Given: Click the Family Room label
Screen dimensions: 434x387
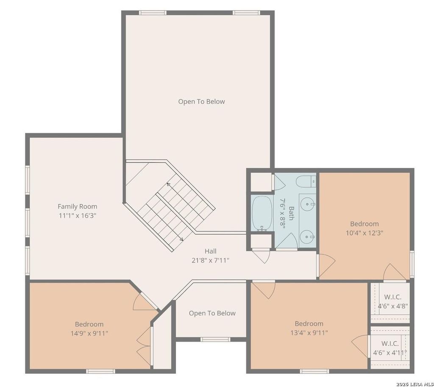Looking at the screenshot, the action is (x=77, y=206).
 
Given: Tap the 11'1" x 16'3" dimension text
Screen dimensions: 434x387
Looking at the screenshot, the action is (x=77, y=216).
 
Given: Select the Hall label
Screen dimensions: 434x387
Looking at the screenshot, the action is (x=210, y=251).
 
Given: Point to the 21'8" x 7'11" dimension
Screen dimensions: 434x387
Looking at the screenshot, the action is (x=210, y=261).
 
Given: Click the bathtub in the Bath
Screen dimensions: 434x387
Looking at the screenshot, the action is (x=262, y=214).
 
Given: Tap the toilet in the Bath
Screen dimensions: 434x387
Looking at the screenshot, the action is (x=306, y=181).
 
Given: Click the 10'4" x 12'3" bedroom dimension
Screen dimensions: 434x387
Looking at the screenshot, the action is (x=364, y=233).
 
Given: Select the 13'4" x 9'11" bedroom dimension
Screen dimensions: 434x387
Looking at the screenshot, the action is (x=309, y=333).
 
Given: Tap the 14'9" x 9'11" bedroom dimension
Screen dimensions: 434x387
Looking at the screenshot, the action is (x=89, y=333).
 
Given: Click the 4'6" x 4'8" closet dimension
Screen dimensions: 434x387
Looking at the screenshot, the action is (x=392, y=306).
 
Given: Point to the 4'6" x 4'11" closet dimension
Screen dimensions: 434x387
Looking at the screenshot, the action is (x=390, y=353).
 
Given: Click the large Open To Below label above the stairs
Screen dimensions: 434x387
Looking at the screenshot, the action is (x=201, y=102).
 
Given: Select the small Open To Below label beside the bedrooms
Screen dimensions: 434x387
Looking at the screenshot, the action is (x=212, y=313).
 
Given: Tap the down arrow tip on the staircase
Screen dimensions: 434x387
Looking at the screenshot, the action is (x=182, y=240).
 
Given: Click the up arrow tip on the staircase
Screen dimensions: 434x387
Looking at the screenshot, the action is (x=167, y=184).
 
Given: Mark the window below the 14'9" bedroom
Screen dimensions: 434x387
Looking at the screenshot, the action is (x=100, y=371).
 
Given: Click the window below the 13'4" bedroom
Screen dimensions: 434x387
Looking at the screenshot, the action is (x=315, y=371).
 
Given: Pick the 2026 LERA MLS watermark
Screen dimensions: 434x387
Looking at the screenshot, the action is (x=415, y=384).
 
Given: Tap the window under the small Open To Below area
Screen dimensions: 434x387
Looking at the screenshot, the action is (x=215, y=340).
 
